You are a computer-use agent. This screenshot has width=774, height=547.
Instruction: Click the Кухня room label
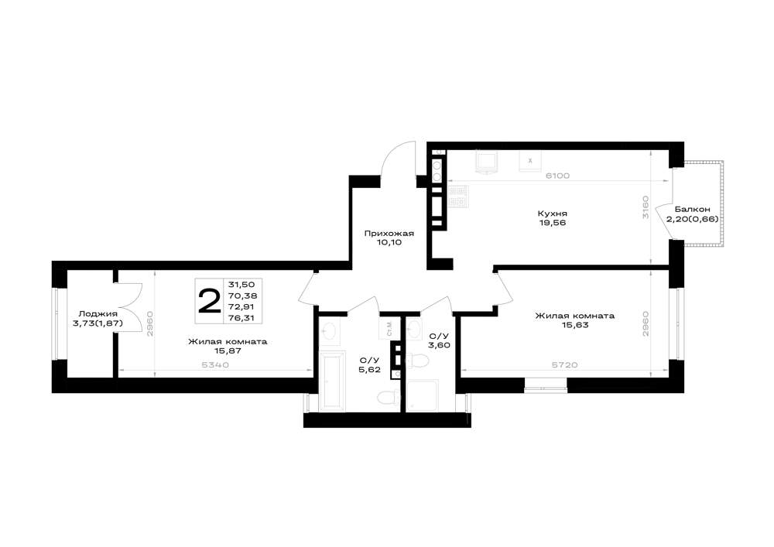[x=553, y=214]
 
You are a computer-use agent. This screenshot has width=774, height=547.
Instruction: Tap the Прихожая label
[x=389, y=234]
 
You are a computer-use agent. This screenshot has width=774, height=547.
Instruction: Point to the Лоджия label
[x=98, y=313]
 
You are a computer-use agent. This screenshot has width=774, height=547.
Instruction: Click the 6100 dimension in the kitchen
[x=557, y=176]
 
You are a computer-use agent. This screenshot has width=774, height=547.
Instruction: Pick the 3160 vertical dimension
[x=646, y=207]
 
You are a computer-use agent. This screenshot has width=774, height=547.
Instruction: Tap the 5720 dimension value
[x=565, y=365]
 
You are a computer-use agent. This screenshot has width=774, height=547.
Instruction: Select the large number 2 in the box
[x=209, y=302]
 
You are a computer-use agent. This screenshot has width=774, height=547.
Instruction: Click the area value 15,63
[x=574, y=325]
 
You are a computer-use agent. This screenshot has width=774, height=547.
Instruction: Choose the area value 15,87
[x=227, y=350]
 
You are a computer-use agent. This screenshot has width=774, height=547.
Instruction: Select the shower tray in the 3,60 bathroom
[x=423, y=395]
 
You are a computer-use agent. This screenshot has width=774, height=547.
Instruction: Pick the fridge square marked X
[x=531, y=161]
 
